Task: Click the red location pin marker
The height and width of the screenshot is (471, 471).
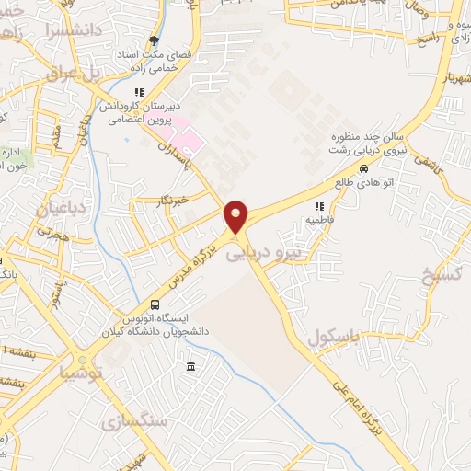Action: click(x=237, y=216)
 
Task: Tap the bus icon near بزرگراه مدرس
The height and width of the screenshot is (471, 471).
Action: click(x=154, y=305)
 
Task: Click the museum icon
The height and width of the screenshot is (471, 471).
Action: click(x=190, y=368)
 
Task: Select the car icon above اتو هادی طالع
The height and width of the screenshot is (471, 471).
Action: click(x=364, y=168)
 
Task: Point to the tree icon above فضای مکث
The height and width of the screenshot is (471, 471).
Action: click(x=154, y=40)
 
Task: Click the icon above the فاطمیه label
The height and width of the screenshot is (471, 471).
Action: click(x=320, y=207)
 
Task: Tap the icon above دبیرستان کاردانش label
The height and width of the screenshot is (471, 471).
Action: click(x=139, y=92)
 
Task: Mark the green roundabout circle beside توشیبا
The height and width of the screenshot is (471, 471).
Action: click(x=83, y=361)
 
